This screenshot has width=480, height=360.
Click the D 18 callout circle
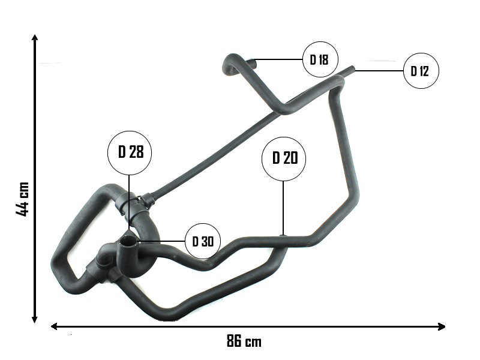[x=320, y=59]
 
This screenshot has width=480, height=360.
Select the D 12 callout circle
[x=421, y=71]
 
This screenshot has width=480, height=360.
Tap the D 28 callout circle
[x=130, y=152]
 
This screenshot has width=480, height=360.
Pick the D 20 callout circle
[x=284, y=158]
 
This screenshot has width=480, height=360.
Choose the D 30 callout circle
[x=203, y=241]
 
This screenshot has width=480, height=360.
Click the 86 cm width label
[x=244, y=342]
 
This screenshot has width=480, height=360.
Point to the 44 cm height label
[x=22, y=199]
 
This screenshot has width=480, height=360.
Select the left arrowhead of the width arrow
[x=54, y=326]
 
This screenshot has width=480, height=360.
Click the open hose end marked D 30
[x=128, y=242]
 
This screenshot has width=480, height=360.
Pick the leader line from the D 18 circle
[x=279, y=59]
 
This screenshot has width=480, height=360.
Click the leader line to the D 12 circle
[x=378, y=71]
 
